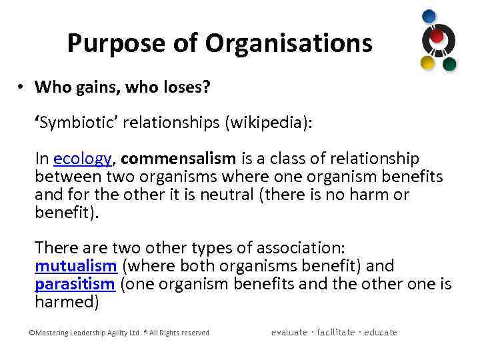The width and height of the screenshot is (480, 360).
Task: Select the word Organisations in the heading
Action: click(288, 44)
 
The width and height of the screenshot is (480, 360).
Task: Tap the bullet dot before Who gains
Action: click(22, 87)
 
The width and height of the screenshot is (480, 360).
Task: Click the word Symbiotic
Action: click(74, 123)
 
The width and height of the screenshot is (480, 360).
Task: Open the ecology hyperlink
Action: click(82, 159)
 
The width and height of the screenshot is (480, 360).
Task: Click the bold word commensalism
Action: click(179, 159)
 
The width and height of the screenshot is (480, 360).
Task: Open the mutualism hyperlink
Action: click(75, 266)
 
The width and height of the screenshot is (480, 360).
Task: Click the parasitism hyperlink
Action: click(75, 284)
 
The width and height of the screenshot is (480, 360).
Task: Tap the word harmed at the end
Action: click(67, 302)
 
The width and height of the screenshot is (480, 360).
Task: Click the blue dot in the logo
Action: click(429, 16)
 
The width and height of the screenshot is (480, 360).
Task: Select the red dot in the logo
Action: click(437, 36)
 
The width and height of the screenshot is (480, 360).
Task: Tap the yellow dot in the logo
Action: click(427, 63)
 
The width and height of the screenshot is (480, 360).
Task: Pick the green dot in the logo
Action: click(449, 64)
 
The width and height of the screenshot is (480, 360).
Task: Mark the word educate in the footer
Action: click(381, 332)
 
